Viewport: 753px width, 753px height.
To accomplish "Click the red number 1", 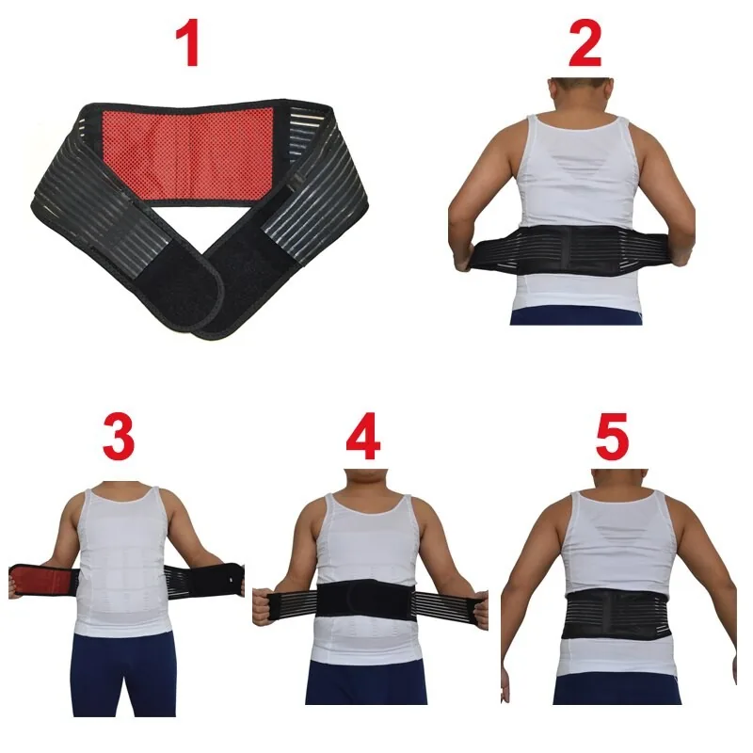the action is pos(187,42).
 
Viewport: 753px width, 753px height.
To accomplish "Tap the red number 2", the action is pos(585,43).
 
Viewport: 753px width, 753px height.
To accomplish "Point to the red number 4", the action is pos(363,436).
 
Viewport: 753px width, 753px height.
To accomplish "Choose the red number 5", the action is pos(612,436).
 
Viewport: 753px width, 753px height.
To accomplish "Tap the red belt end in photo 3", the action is pos(43,581).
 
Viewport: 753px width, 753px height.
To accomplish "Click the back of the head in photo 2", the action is pos(581,96).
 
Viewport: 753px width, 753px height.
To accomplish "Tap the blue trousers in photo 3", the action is pos(123,672).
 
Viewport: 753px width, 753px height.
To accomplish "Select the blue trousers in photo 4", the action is pos(366,681).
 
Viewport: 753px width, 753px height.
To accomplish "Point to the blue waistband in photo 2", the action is pos(576,317).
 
